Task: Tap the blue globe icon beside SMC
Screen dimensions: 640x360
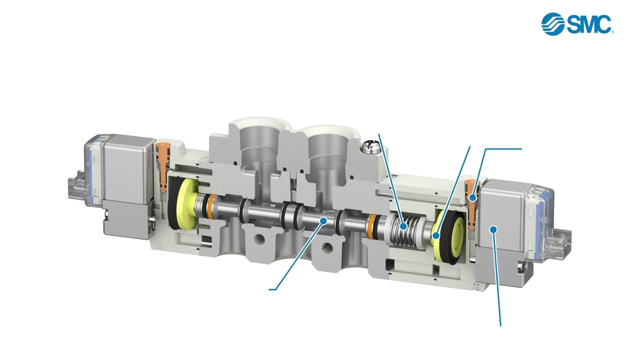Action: pos(553,24)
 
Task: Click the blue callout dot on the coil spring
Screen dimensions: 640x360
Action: pos(403,226)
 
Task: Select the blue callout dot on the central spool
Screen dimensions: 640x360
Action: pos(323,220)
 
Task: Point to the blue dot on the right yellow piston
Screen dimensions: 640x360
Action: pos(435,235)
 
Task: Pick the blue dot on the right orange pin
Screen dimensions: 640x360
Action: pos(473,197)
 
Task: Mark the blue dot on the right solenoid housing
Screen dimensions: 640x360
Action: pos(493,229)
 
